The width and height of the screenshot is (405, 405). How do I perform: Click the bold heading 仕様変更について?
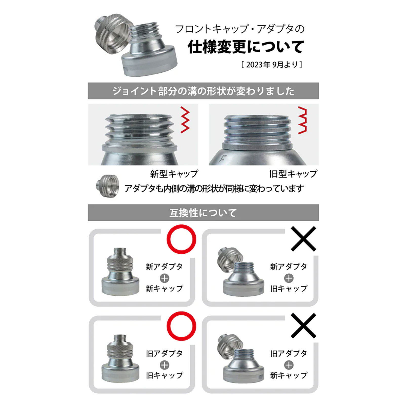tap(246, 47)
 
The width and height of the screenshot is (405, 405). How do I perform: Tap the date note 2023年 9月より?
tap(272, 65)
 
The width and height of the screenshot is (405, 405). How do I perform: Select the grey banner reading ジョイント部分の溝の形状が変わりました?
tap(203, 91)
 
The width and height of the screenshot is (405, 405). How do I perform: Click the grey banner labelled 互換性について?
tap(203, 213)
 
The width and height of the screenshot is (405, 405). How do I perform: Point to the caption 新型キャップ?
tap(174, 174)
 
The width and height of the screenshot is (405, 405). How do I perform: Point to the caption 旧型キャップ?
tap(293, 174)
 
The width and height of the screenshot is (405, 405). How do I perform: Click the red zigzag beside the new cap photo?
tap(185, 120)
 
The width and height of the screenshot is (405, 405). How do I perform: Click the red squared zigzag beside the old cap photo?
tap(302, 120)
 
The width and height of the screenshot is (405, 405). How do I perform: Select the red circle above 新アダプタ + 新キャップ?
tap(181, 239)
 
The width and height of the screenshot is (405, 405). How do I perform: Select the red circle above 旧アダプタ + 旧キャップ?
tap(181, 326)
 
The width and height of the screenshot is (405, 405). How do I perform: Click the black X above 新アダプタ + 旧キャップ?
tap(303, 239)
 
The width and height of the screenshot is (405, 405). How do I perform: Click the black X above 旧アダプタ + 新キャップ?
tap(303, 326)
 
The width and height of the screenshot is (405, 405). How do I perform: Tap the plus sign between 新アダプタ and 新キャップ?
tap(164, 278)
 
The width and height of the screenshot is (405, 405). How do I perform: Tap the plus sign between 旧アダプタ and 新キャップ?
tap(289, 365)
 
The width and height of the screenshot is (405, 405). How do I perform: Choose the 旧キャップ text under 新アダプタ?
tap(289, 289)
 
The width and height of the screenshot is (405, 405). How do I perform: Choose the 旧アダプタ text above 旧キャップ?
tap(164, 353)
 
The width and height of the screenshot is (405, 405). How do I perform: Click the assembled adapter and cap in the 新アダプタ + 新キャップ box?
tap(120, 272)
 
